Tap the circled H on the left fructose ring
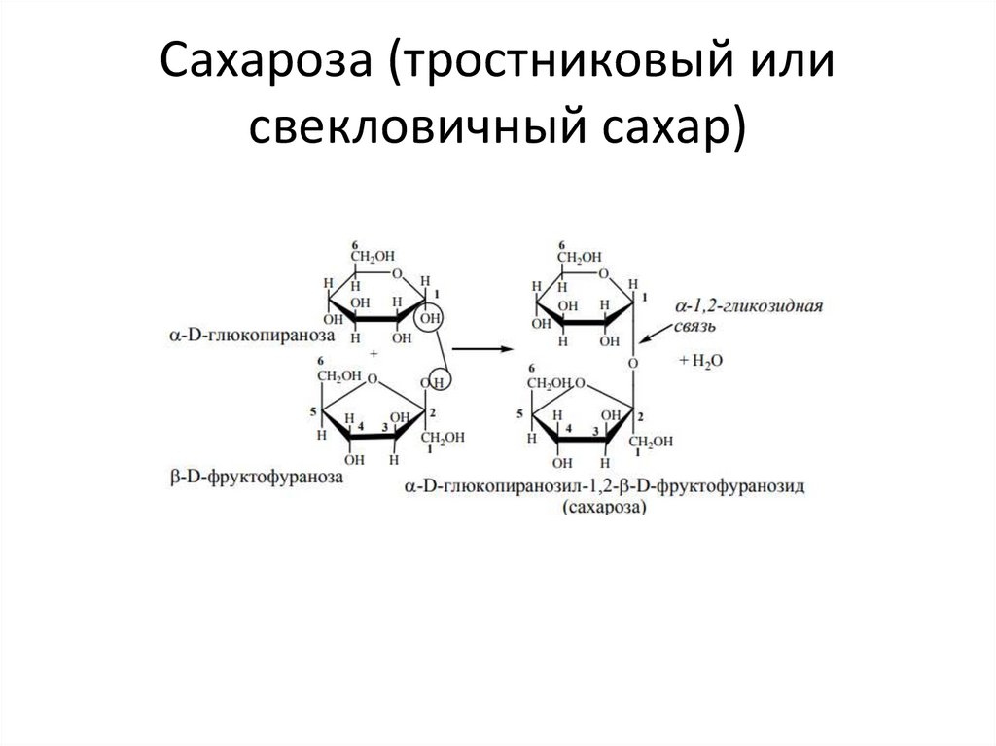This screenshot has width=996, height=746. [440, 382]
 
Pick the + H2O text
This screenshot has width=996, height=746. [700, 360]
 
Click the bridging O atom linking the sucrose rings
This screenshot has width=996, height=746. [633, 363]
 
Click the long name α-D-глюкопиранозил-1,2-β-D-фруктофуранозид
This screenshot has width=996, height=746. [605, 485]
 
